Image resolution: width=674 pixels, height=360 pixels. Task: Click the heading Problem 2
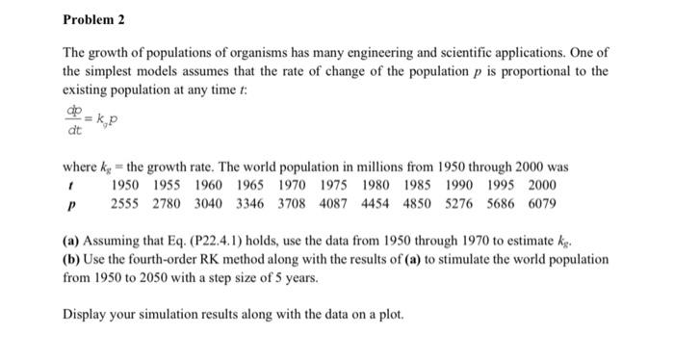[x=94, y=19]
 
